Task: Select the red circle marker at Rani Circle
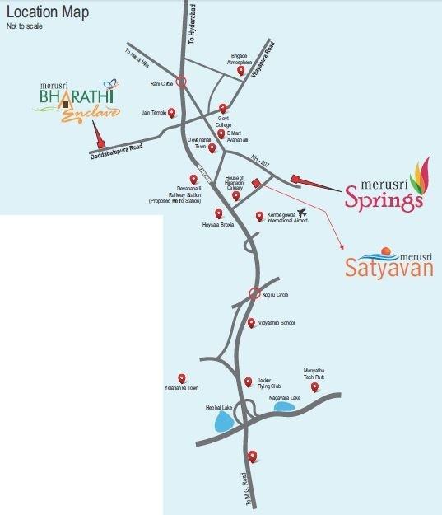click(182, 82)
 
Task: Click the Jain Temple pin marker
click(171, 113)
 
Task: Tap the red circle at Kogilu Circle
click(255, 293)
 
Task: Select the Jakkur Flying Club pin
click(249, 382)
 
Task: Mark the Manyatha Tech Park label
click(316, 374)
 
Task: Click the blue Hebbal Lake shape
click(222, 423)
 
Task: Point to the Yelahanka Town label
click(183, 387)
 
